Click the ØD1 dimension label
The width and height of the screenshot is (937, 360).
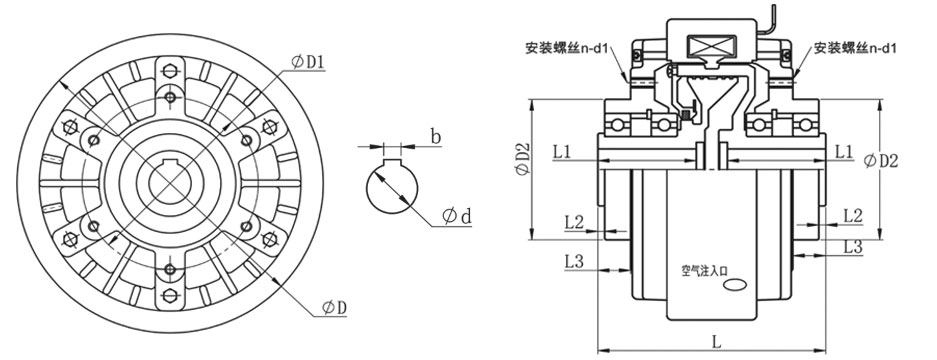(309, 62)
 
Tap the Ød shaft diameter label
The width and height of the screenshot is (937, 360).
(455, 215)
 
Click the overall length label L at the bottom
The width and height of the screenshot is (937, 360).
(717, 341)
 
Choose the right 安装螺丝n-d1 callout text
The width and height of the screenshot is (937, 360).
(860, 47)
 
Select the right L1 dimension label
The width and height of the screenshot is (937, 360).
(843, 152)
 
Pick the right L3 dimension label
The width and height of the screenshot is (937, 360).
(853, 245)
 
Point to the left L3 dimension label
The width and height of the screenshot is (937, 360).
(573, 262)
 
